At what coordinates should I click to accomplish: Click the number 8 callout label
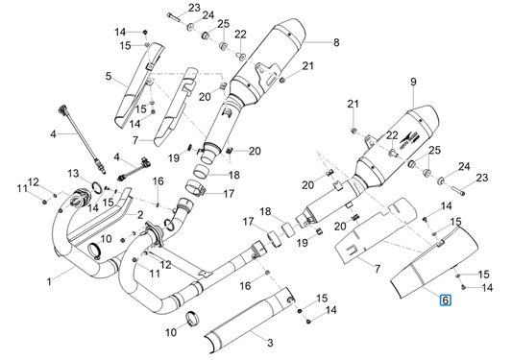(336, 42)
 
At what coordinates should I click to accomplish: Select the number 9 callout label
(413, 82)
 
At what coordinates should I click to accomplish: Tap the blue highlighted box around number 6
(446, 300)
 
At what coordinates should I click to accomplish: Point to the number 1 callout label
(49, 281)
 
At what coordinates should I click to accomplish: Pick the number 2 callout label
(140, 215)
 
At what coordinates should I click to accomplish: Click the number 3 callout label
(270, 343)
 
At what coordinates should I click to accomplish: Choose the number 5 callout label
(109, 77)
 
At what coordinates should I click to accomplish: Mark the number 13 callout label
(74, 173)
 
